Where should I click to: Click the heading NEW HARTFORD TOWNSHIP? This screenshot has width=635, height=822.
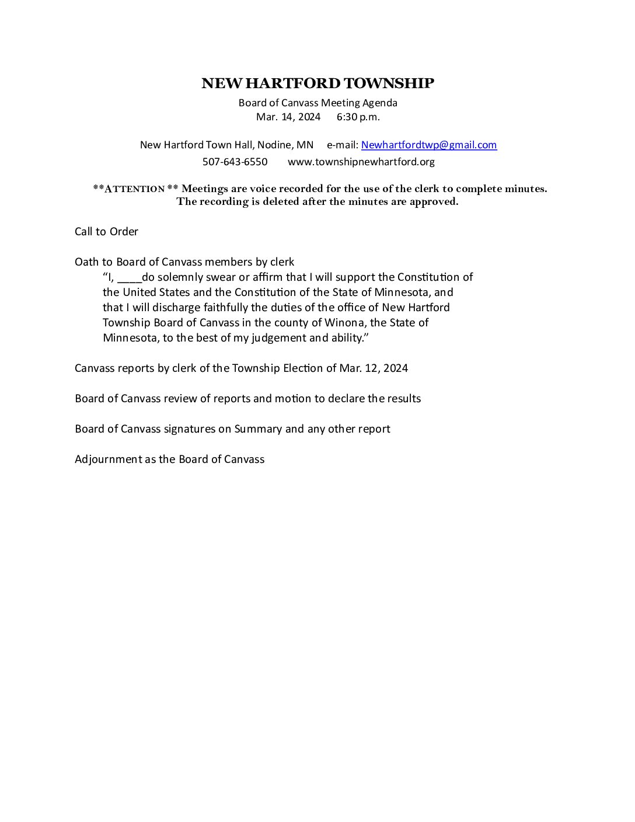(x=317, y=83)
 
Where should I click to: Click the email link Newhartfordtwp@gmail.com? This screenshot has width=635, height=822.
(x=429, y=145)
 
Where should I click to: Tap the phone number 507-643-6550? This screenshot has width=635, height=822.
(x=235, y=162)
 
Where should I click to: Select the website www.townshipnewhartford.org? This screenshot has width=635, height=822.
(x=361, y=162)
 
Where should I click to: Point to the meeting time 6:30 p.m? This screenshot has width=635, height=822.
(x=358, y=117)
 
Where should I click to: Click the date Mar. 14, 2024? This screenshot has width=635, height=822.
(x=288, y=117)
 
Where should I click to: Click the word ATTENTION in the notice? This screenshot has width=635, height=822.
(x=134, y=189)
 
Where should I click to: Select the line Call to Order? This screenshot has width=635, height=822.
(x=106, y=232)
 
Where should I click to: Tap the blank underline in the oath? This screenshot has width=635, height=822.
(x=129, y=277)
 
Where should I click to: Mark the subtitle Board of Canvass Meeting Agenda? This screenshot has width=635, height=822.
(x=317, y=103)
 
